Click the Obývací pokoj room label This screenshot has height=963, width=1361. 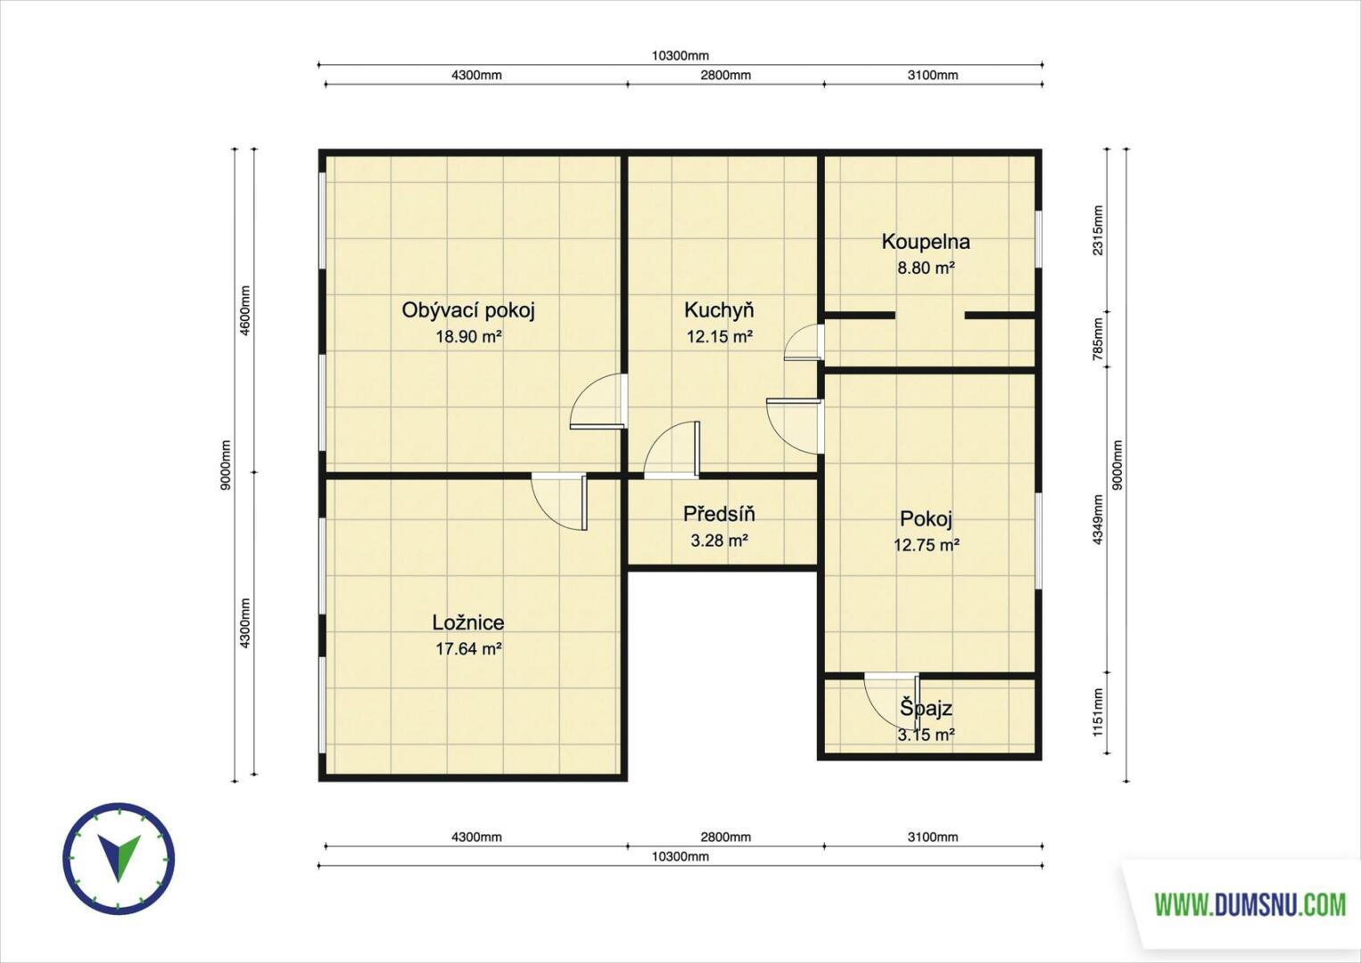(468, 310)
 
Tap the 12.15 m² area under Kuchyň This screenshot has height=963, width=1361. (720, 336)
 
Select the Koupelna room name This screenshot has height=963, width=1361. (926, 242)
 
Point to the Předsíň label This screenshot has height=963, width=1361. (719, 514)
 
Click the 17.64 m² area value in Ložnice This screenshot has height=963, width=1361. (468, 649)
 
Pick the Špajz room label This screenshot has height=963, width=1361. (926, 708)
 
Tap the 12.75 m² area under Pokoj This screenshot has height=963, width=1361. (926, 545)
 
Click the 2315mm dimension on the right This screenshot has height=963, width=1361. (1098, 230)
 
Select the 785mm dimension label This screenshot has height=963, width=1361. (1098, 340)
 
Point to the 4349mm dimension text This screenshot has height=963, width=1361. (1098, 520)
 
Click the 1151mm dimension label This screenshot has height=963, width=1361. (1098, 712)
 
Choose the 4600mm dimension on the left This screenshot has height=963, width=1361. (245, 310)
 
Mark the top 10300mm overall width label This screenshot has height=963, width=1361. (680, 56)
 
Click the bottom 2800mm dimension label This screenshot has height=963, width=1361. (725, 836)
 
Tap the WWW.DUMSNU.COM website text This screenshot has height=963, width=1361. (1250, 905)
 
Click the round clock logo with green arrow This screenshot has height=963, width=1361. (119, 859)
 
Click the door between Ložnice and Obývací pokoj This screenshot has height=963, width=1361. (559, 502)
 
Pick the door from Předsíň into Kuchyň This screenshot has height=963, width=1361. (672, 450)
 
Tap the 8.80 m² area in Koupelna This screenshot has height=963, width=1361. (926, 267)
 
